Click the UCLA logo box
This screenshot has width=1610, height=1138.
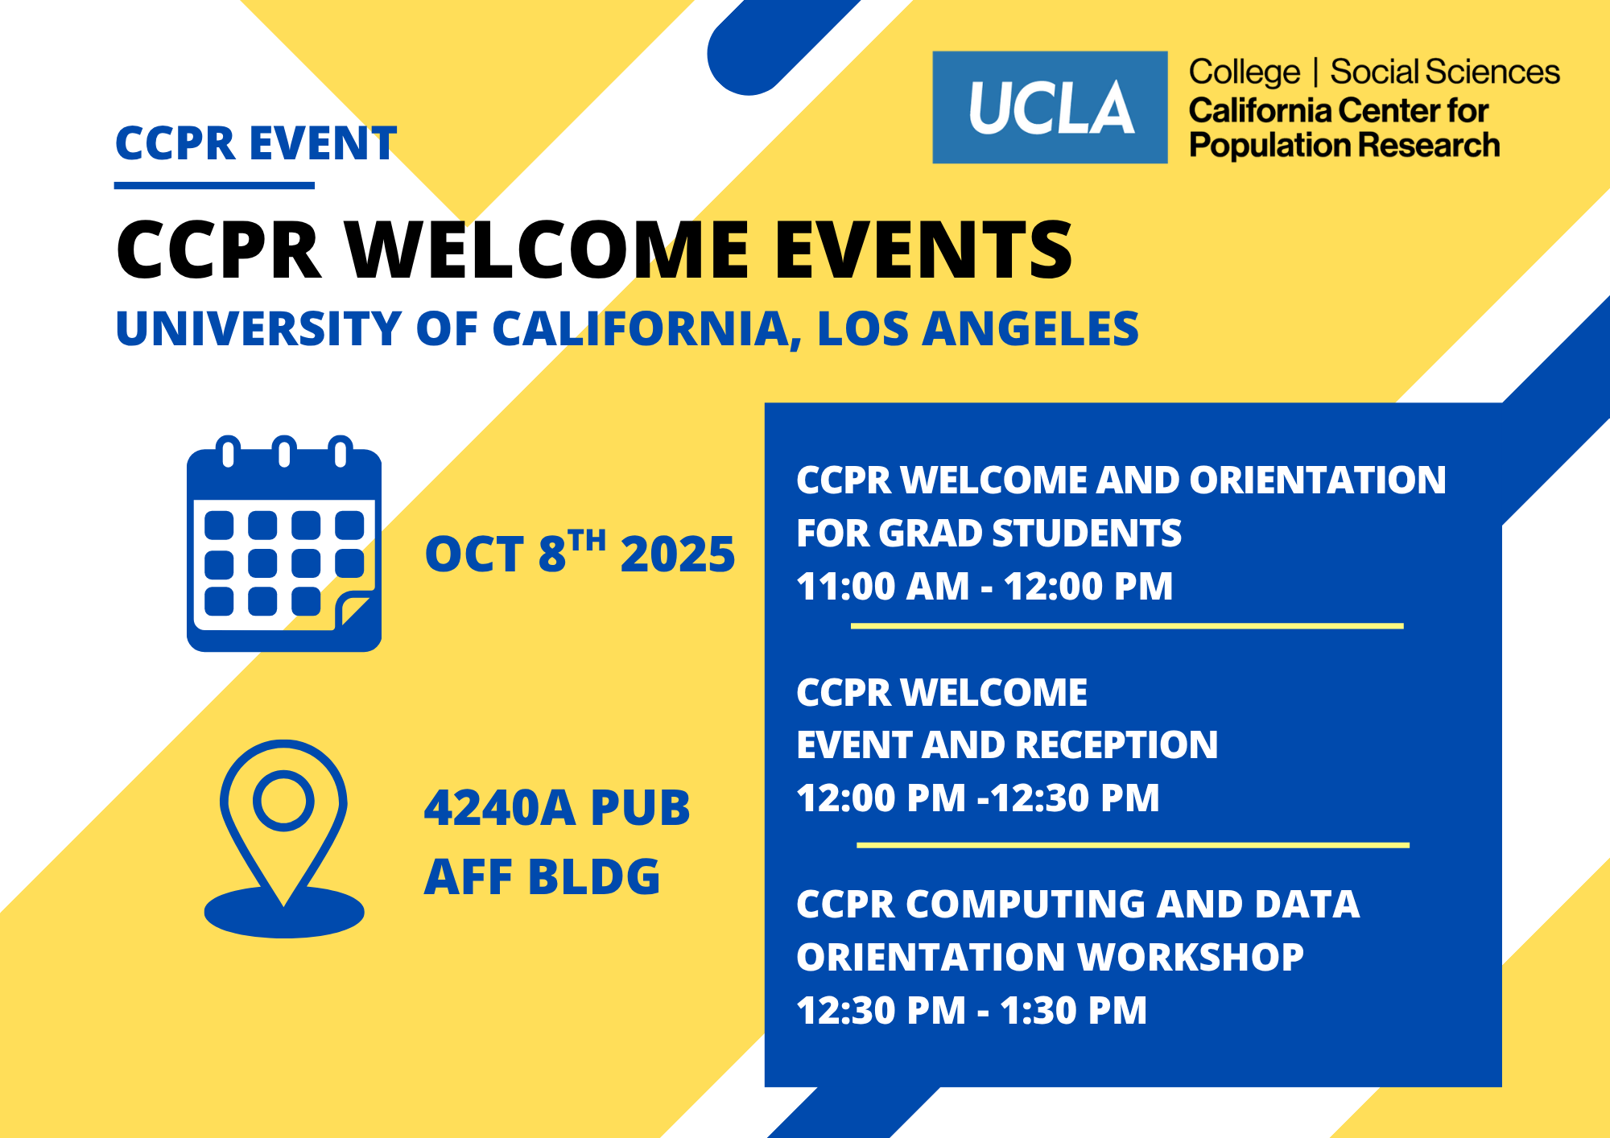click(1050, 107)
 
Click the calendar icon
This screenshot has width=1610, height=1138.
click(284, 543)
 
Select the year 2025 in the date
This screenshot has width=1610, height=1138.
click(678, 555)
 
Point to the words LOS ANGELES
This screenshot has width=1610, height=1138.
click(978, 328)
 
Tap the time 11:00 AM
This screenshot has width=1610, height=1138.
click(883, 586)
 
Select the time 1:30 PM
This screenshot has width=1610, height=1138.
click(1074, 1011)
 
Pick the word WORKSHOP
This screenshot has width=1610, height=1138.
click(1191, 957)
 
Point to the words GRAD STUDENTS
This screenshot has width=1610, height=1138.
click(1030, 533)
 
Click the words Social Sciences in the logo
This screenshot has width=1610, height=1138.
click(1445, 72)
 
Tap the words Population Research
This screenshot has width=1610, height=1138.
click(1344, 146)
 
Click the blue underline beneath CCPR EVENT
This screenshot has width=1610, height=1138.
click(214, 186)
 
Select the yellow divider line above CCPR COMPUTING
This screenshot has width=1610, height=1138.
click(1133, 845)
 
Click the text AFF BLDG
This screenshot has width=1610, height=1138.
click(542, 876)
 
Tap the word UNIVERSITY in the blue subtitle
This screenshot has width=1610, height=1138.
click(258, 328)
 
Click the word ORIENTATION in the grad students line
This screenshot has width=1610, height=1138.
click(1318, 480)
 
